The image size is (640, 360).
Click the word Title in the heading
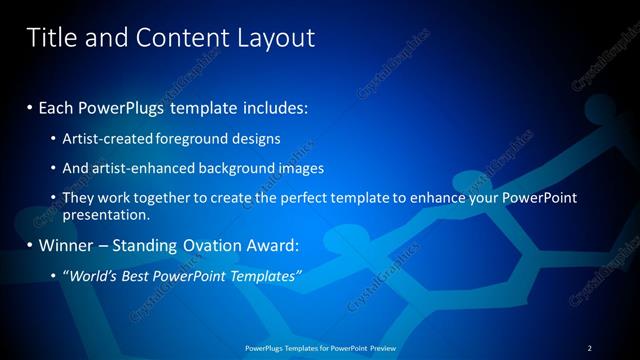pos(50,38)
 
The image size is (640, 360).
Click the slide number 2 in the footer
pos(590,348)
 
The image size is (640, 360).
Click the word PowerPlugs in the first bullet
pos(128,106)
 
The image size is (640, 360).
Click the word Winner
pos(64,245)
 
